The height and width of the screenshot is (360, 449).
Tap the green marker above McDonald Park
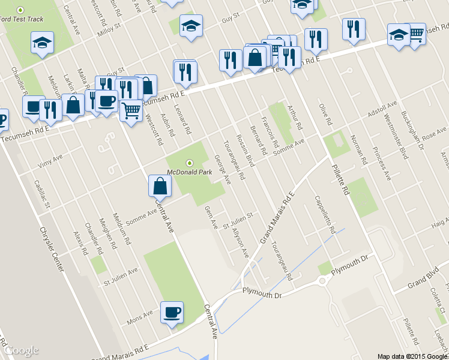tap(190, 163)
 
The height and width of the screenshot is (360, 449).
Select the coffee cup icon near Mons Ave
tap(172, 313)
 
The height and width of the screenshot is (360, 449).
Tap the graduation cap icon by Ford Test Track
tap(42, 43)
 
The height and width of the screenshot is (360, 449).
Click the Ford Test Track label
tap(22, 19)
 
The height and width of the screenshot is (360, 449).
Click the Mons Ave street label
tap(140, 317)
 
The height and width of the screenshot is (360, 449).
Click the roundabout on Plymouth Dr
tap(323, 281)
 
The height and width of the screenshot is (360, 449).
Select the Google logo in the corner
tap(22, 350)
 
